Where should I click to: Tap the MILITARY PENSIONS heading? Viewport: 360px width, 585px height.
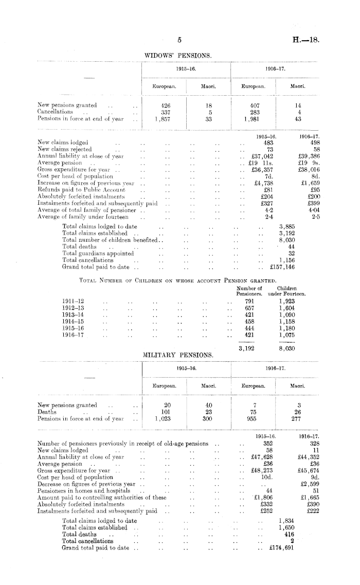pos(178,354)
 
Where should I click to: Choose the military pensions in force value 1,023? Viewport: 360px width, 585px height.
pos(163,419)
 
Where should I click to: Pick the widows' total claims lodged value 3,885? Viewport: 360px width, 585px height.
pos(287,226)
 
